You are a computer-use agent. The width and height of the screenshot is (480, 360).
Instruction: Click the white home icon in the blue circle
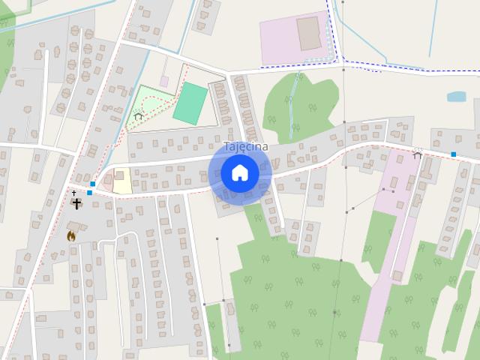tap(240, 172)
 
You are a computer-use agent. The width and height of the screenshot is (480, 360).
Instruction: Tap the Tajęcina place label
tap(246, 147)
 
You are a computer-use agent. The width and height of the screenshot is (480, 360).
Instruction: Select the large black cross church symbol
tap(76, 203)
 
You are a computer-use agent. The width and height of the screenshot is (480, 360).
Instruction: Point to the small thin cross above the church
tap(73, 193)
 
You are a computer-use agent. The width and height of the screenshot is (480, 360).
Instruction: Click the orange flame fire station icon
tap(71, 235)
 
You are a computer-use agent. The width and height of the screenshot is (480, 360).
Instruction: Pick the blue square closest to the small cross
tap(89, 193)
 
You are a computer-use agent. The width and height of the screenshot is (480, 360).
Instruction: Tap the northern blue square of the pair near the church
tap(92, 184)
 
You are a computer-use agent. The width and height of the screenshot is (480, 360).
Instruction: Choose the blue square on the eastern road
tap(453, 154)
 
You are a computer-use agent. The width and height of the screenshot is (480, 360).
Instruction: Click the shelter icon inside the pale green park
tap(138, 116)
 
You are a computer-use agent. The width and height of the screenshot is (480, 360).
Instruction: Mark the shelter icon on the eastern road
tap(417, 154)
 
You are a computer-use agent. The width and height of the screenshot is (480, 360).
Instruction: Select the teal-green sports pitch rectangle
tap(190, 103)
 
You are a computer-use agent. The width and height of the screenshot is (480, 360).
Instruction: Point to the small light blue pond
tap(456, 97)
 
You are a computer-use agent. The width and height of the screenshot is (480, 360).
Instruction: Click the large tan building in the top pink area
tap(308, 34)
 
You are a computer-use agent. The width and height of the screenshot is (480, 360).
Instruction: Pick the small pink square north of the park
tap(164, 81)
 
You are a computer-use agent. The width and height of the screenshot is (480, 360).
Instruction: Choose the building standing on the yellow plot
tap(119, 175)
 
